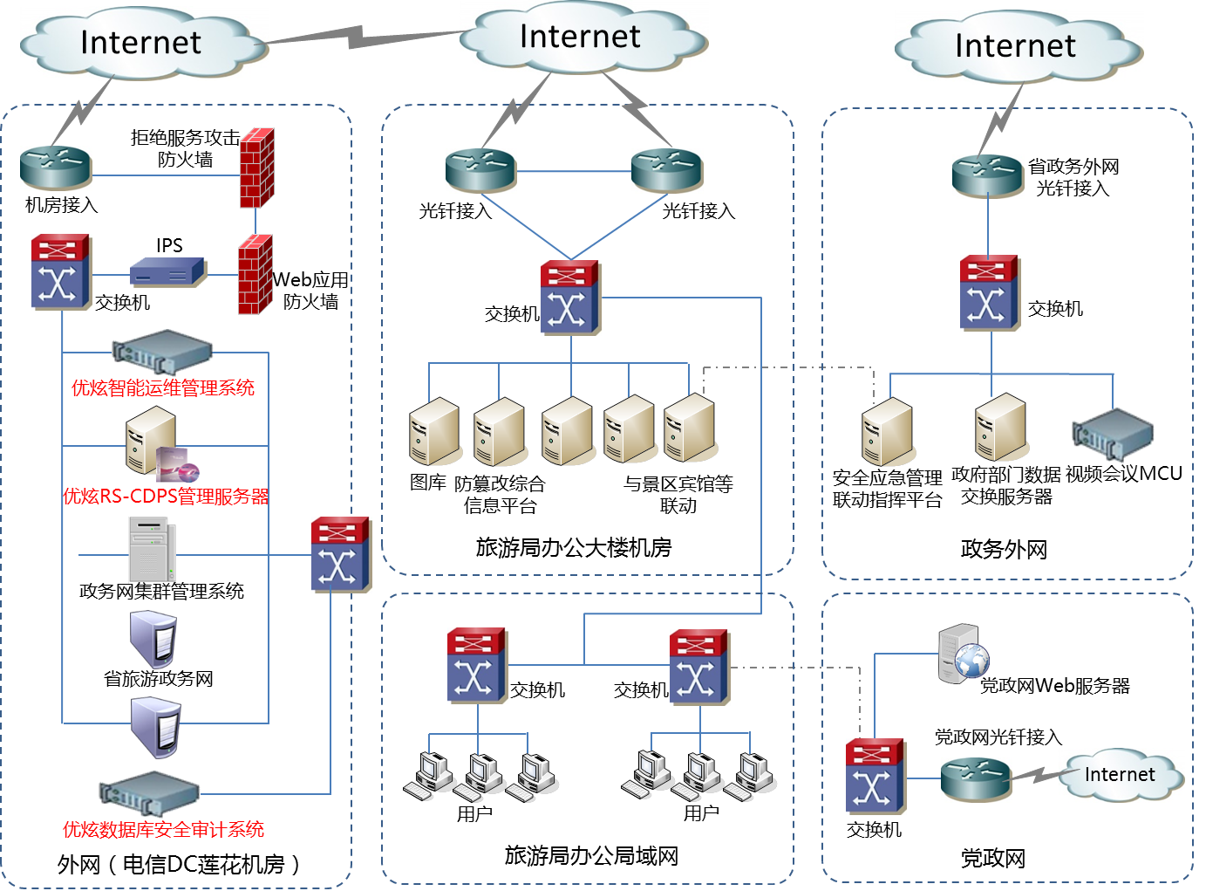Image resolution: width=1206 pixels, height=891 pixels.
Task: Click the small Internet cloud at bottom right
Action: (1121, 775)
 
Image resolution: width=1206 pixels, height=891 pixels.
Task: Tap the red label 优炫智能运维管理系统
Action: (163, 388)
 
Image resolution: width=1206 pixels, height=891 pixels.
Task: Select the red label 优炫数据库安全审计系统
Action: (164, 829)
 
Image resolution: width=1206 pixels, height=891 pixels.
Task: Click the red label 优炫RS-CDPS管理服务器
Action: (166, 497)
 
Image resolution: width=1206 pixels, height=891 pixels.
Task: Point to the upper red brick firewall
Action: (257, 168)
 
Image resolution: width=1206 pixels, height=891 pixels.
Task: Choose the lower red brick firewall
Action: (256, 274)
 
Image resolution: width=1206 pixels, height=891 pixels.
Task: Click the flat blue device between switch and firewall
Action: (168, 272)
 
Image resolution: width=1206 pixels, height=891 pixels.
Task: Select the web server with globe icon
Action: (964, 654)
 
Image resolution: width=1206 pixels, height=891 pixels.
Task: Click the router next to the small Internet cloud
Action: (976, 779)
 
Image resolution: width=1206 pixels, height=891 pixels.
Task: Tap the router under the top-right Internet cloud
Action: (988, 176)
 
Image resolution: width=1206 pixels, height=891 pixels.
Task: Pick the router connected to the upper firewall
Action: (56, 168)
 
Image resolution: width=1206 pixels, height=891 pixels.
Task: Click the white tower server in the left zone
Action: (152, 550)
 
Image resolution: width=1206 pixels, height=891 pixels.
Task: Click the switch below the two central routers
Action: (570, 298)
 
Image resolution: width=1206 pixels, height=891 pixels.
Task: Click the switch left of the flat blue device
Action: (61, 271)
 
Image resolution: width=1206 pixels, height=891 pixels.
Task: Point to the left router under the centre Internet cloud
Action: (480, 170)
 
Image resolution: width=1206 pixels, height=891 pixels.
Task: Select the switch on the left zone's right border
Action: (341, 555)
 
